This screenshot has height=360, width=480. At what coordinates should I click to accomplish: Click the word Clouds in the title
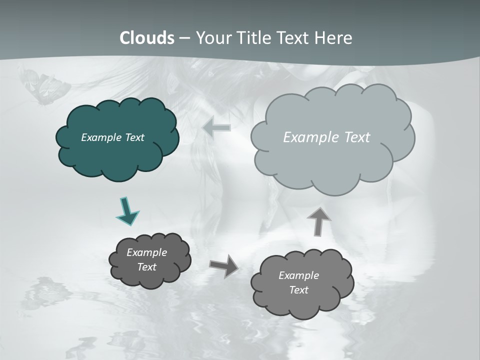tap(147, 38)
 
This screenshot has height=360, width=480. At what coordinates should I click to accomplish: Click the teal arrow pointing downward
tap(127, 211)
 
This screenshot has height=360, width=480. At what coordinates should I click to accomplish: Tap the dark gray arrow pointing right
tap(224, 265)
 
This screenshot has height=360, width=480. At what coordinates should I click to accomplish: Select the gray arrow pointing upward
tap(318, 221)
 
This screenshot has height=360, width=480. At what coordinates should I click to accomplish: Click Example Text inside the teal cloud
tap(112, 137)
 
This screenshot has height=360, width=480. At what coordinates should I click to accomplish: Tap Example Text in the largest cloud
tap(326, 137)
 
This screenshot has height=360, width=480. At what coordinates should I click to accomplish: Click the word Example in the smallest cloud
tap(146, 252)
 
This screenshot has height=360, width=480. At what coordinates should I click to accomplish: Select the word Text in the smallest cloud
tap(146, 267)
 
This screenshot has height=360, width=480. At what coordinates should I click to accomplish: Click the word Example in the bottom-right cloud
tap(298, 275)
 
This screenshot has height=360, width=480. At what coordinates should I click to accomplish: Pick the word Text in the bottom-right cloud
tap(298, 290)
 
